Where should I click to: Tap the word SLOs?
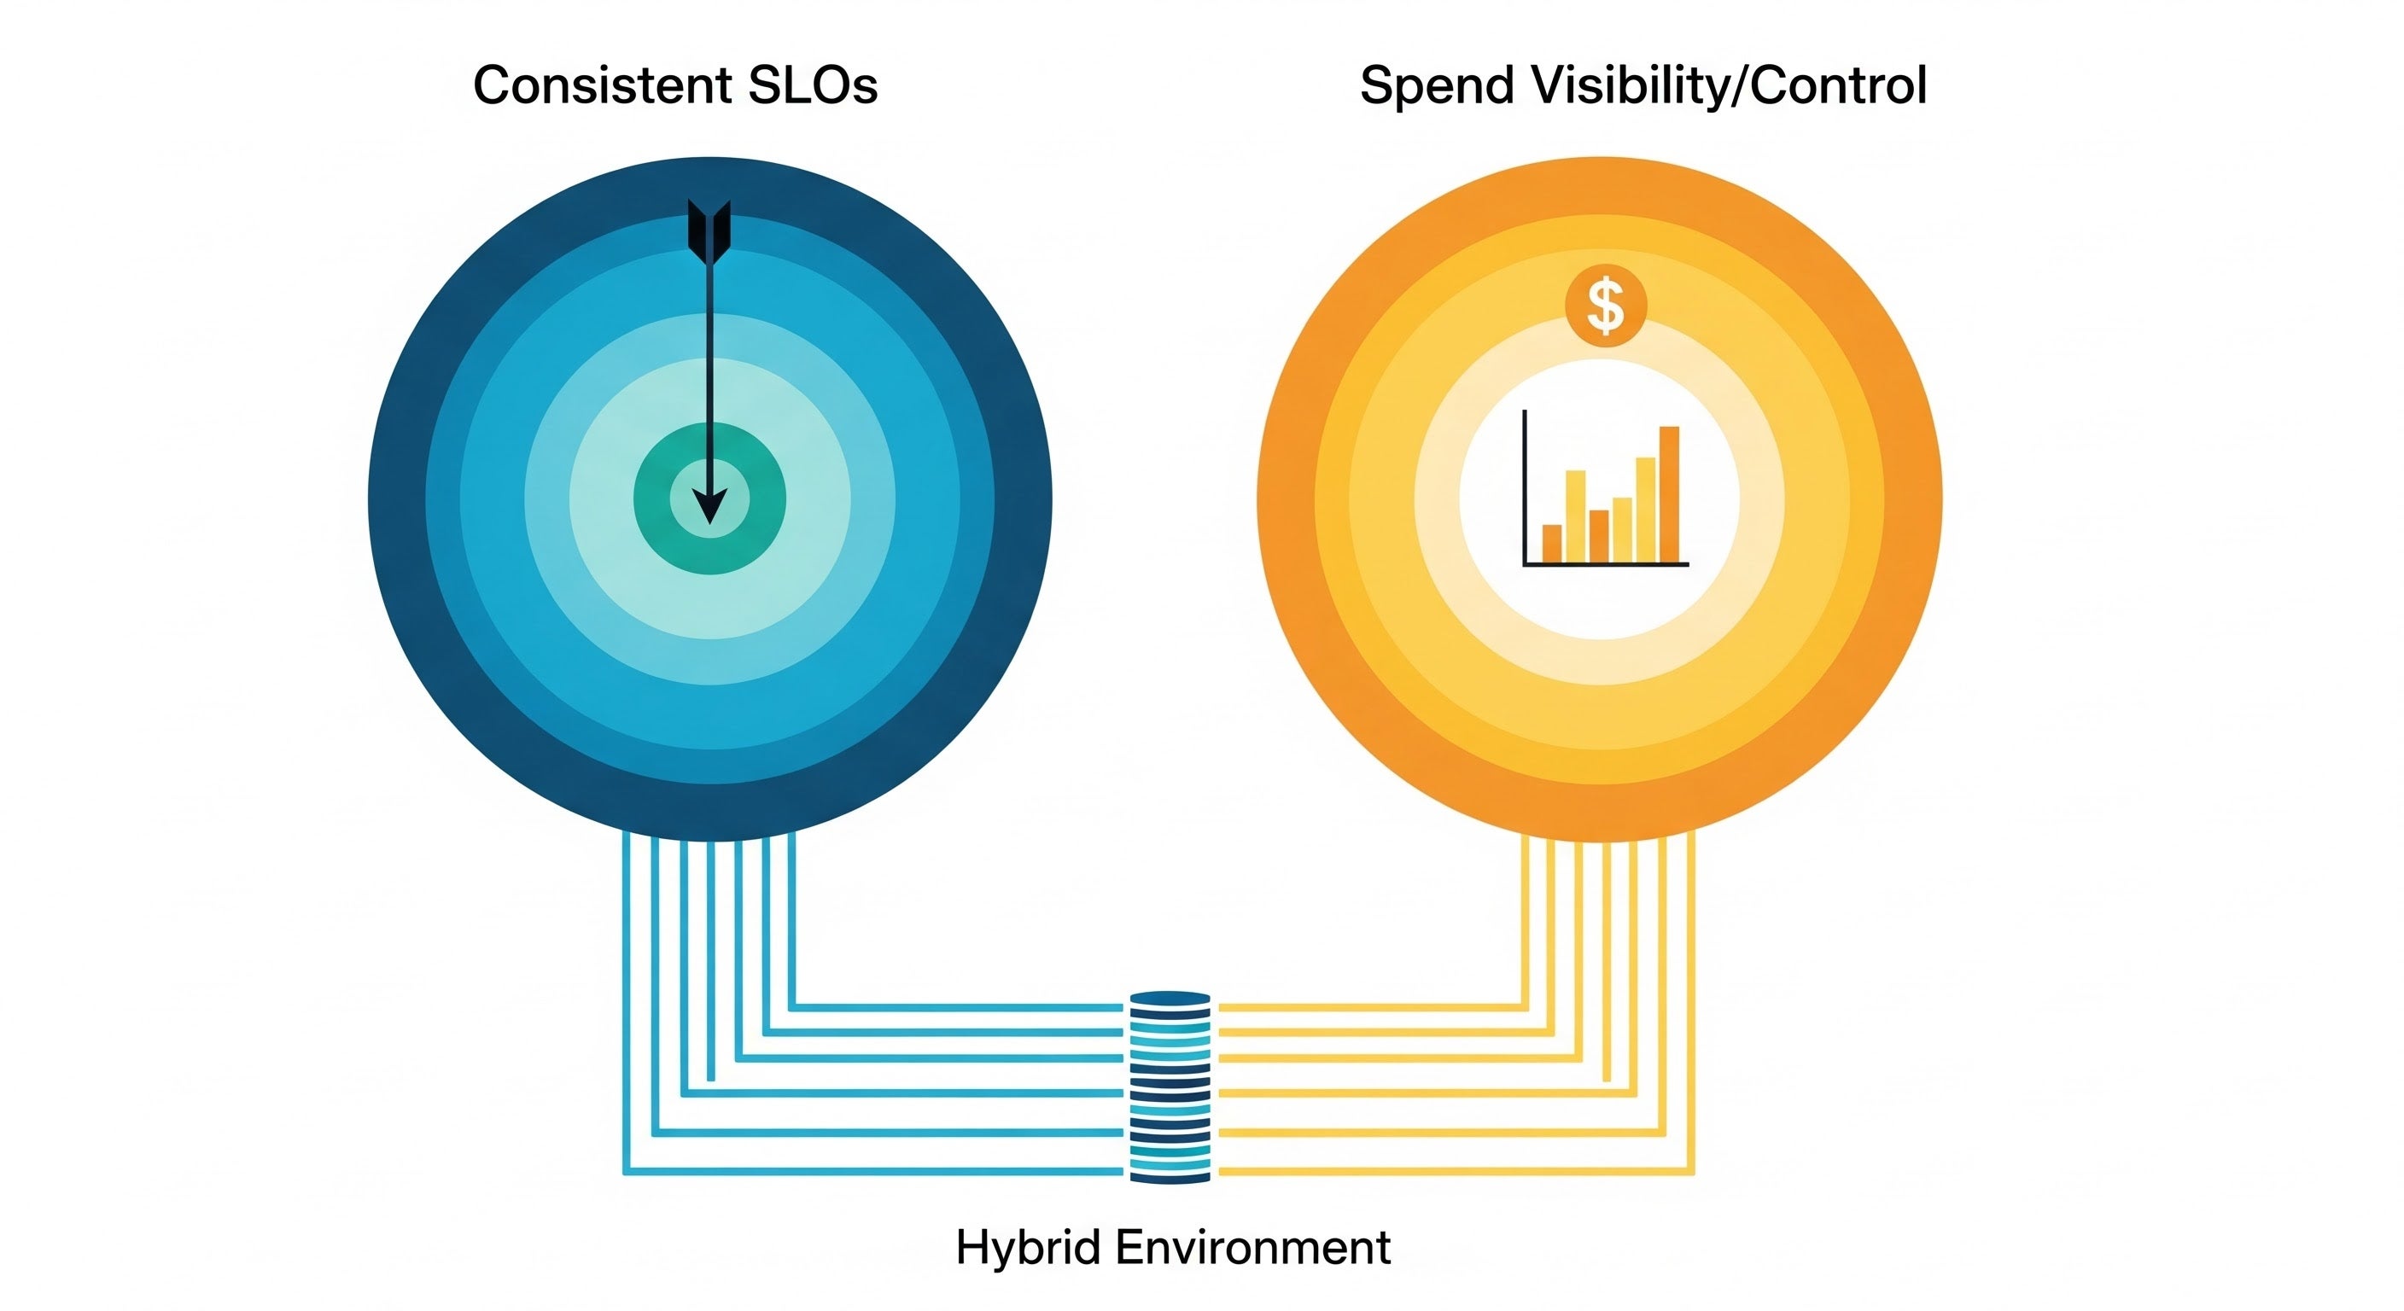click(812, 86)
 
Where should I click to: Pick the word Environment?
click(1253, 1248)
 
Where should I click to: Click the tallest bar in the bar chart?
click(1670, 493)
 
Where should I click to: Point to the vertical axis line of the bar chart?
click(1525, 485)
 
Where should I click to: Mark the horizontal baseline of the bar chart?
click(1605, 564)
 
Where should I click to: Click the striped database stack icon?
click(1170, 1087)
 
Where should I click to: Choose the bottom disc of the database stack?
click(1170, 1175)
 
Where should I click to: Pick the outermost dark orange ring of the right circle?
click(1287, 499)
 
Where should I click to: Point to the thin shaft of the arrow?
click(710, 373)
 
